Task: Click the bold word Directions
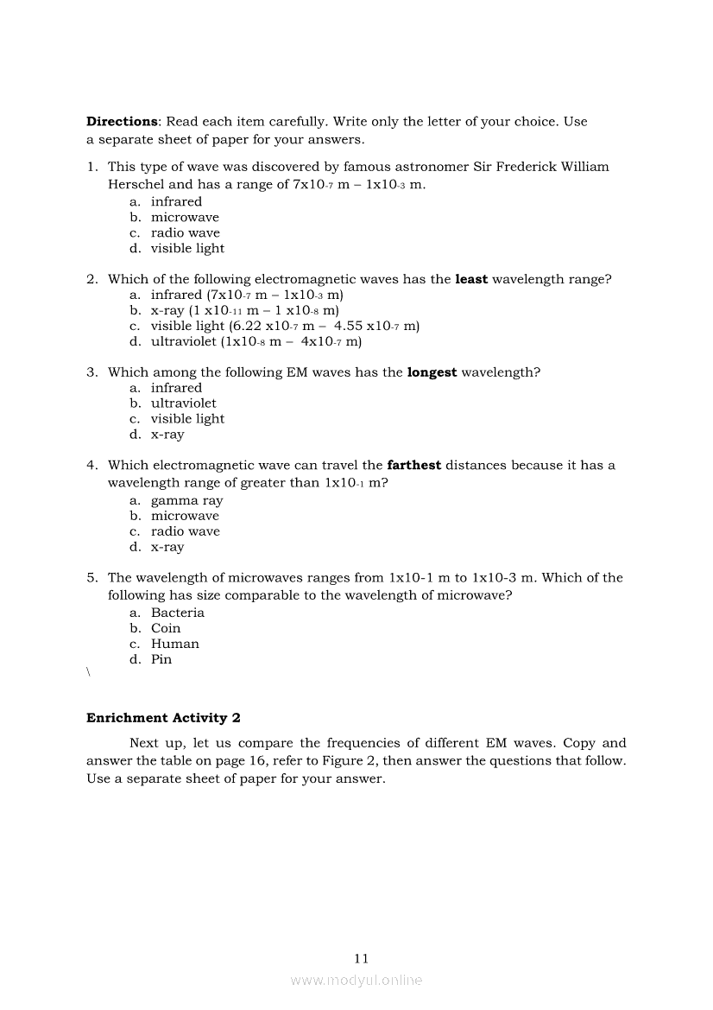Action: tap(122, 122)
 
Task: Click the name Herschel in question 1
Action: tap(136, 184)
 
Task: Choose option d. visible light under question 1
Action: tap(187, 249)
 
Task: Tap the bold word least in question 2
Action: tap(471, 279)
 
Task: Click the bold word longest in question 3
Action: tap(432, 372)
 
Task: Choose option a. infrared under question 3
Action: tap(176, 388)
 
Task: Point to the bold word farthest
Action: tap(414, 466)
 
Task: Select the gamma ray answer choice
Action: tap(186, 501)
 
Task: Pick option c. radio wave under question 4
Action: tap(185, 532)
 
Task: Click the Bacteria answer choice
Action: tap(177, 613)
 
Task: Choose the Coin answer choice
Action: tap(166, 629)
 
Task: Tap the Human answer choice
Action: tap(174, 645)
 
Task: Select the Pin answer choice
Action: tap(161, 660)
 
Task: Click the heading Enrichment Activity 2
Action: tap(157, 718)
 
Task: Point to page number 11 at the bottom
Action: tap(361, 958)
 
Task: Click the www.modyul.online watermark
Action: tap(356, 981)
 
